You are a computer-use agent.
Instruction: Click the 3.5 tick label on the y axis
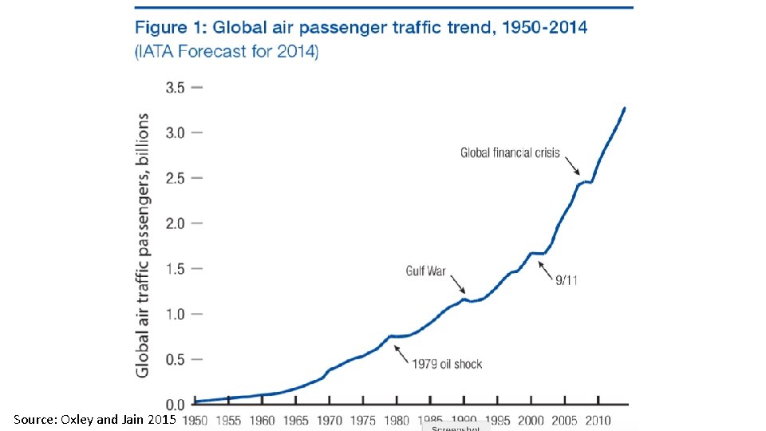pyautogui.click(x=175, y=88)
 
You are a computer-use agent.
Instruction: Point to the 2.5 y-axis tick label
pyautogui.click(x=175, y=178)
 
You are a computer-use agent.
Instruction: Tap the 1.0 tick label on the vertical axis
pyautogui.click(x=175, y=314)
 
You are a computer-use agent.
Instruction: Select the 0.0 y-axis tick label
pyautogui.click(x=175, y=404)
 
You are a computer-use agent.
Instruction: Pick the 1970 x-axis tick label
pyautogui.click(x=330, y=420)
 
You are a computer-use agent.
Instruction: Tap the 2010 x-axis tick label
pyautogui.click(x=597, y=420)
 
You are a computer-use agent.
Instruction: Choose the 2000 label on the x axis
pyautogui.click(x=531, y=420)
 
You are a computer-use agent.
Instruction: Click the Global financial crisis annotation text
pyautogui.click(x=510, y=153)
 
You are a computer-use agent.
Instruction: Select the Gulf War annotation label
pyautogui.click(x=425, y=271)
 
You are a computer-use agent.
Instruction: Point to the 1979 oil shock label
pyautogui.click(x=447, y=364)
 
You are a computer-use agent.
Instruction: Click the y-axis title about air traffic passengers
pyautogui.click(x=142, y=244)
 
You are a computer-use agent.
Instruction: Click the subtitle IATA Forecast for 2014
pyautogui.click(x=227, y=53)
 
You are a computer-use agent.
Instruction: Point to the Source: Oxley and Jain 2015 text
pyautogui.click(x=95, y=419)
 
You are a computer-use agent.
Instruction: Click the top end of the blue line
pyautogui.click(x=625, y=108)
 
